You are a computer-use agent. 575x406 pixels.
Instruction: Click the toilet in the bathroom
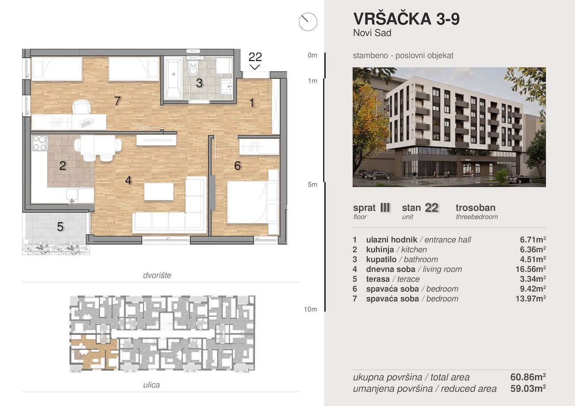(x=193, y=68)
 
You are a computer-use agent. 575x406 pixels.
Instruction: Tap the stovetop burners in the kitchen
(x=39, y=143)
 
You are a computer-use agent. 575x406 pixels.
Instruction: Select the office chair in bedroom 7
(x=82, y=106)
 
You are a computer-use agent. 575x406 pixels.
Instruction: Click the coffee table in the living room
(x=159, y=191)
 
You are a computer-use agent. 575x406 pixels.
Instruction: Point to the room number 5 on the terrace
(x=60, y=227)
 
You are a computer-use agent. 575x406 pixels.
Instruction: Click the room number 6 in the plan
(x=238, y=166)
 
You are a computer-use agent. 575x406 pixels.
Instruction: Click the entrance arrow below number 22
(x=255, y=67)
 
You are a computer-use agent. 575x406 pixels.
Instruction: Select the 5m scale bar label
(x=312, y=184)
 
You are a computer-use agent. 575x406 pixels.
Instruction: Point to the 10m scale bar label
(x=310, y=309)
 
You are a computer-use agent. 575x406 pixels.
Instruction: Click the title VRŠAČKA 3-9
(x=406, y=19)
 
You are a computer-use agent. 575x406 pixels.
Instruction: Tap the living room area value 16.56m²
(x=531, y=269)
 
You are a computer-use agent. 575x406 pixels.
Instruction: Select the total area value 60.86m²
(x=528, y=377)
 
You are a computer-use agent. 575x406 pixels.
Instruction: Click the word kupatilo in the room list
(x=381, y=259)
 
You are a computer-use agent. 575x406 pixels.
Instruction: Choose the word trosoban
(x=475, y=208)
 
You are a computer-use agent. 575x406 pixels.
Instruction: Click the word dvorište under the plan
(x=157, y=275)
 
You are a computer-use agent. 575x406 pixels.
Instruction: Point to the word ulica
(x=151, y=385)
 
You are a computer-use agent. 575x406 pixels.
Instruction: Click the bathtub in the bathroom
(x=173, y=79)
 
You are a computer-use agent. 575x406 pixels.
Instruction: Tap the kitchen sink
(x=72, y=194)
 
